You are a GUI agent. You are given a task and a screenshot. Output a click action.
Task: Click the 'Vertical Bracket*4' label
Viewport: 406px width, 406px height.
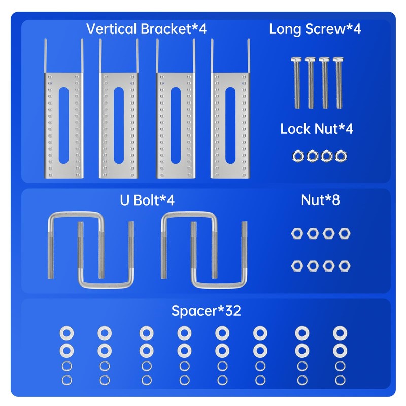[x=146, y=29]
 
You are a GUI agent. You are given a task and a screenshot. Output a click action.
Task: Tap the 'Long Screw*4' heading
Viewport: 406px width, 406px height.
[x=315, y=29]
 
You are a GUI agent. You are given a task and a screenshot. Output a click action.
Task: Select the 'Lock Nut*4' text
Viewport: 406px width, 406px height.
[x=316, y=129]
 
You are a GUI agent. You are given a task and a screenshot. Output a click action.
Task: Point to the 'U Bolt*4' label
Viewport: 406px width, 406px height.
[x=147, y=200]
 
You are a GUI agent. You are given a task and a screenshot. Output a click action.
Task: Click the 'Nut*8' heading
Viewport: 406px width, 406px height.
[x=320, y=200]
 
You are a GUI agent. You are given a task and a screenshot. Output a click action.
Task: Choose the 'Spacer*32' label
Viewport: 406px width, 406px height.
[x=206, y=311]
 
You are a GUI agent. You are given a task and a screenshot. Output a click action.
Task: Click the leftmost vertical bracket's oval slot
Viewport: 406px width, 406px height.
[x=64, y=125]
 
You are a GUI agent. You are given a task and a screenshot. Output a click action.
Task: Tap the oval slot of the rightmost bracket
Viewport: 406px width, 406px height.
[x=230, y=125]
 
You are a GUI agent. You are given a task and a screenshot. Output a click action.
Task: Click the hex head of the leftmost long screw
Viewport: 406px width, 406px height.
[x=296, y=59]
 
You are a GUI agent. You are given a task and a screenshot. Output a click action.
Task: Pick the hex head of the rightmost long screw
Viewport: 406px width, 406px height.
[x=338, y=59]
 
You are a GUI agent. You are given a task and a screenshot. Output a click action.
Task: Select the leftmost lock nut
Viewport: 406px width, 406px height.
[x=298, y=156]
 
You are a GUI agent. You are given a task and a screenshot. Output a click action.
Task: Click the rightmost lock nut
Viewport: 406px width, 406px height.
[x=341, y=156]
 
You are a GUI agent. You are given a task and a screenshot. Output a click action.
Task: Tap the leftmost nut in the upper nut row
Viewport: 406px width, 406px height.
[x=297, y=233]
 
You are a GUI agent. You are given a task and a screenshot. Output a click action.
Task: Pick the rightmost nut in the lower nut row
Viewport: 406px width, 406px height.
[x=344, y=266]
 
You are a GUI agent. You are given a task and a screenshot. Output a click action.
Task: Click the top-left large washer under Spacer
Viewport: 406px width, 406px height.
[x=66, y=333]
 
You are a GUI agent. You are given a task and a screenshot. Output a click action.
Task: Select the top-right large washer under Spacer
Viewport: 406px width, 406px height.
[x=340, y=333]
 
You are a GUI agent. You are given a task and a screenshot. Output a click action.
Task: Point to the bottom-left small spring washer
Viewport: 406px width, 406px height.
[x=67, y=380]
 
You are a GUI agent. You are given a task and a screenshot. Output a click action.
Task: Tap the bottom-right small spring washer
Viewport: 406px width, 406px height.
[x=340, y=380]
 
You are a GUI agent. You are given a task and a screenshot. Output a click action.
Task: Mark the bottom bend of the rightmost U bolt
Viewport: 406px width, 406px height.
[x=219, y=285]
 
